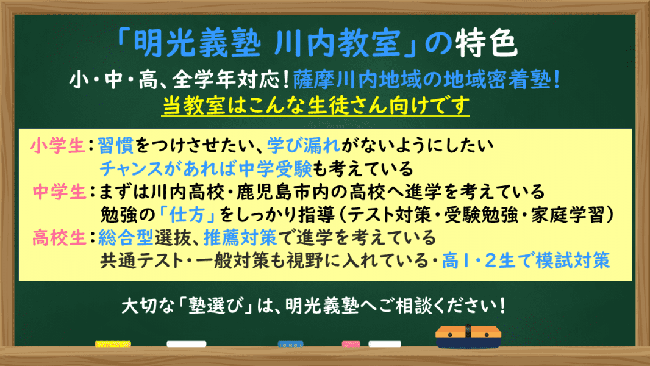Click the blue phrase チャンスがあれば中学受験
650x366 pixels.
pos(205,168)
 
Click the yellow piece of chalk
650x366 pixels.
pos(113,344)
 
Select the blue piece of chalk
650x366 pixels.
pos(290,344)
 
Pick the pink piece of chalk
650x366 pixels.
pos(350,344)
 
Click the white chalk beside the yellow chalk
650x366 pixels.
pos(187,344)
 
